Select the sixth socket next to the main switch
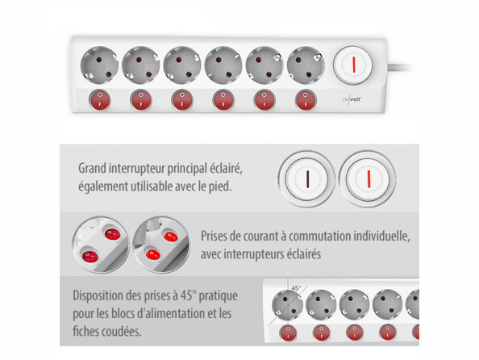pos(306,62)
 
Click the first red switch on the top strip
pos(98,100)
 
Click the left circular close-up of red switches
pos(100,244)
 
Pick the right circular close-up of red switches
pos(160,244)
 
